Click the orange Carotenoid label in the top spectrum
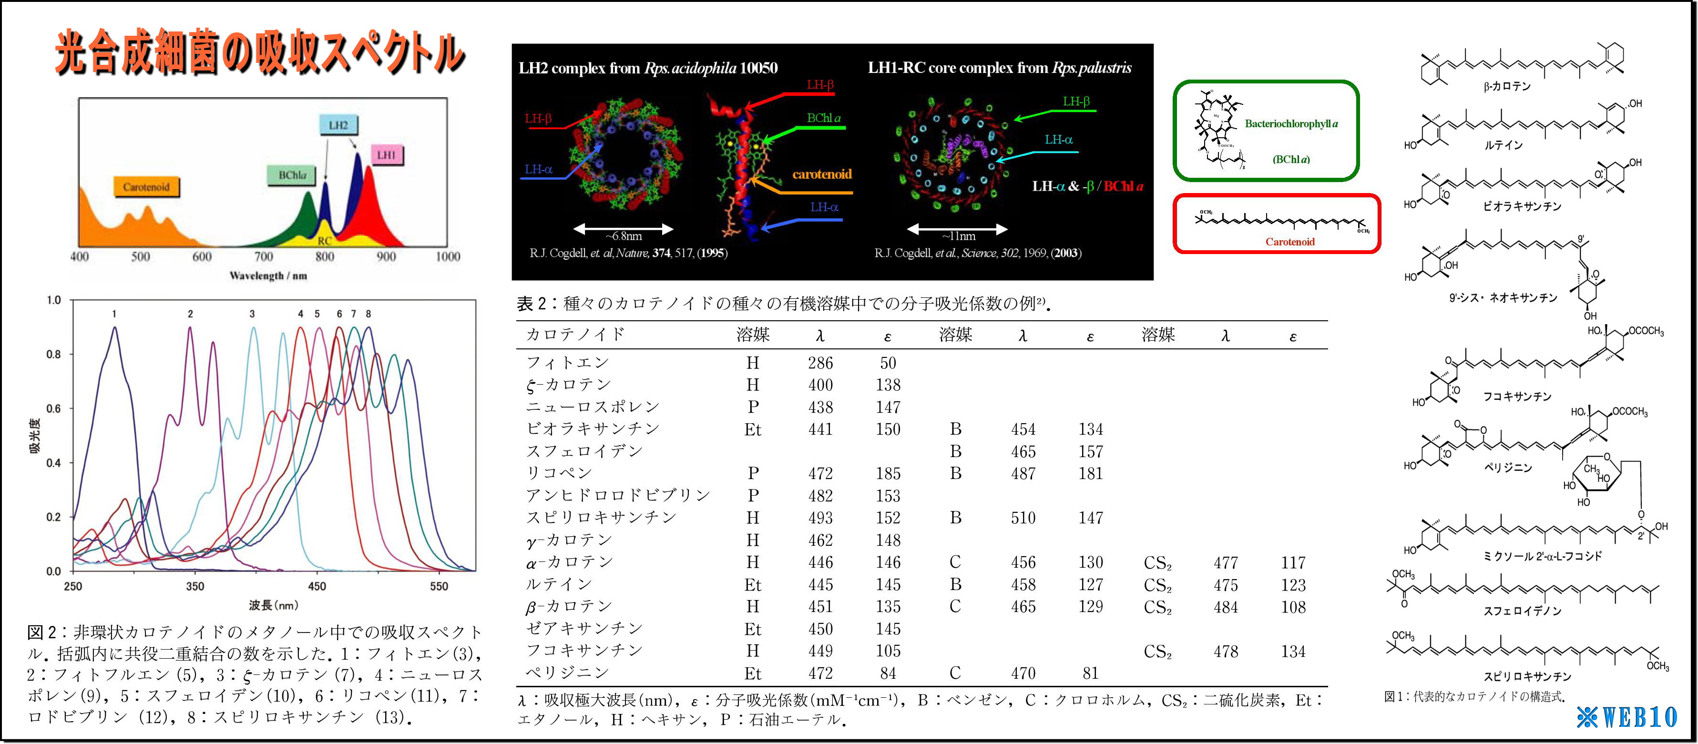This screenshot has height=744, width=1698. [x=146, y=187]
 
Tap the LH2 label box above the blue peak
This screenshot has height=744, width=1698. [x=338, y=125]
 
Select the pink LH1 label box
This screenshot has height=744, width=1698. [x=386, y=155]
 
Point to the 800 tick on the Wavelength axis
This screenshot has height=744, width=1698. [x=324, y=256]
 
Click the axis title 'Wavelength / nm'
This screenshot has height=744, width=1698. [x=268, y=275]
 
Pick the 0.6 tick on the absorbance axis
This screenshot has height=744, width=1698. [x=53, y=408]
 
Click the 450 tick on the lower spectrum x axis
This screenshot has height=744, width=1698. [x=317, y=586]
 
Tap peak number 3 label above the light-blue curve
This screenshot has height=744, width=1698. [x=252, y=315]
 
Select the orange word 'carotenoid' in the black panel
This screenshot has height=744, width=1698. [x=821, y=174]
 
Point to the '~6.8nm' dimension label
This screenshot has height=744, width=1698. [x=623, y=236]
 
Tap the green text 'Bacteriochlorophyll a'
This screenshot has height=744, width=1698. [x=1290, y=124]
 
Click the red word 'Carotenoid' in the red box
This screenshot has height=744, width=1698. [x=1289, y=242]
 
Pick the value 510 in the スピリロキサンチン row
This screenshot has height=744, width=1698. [x=1023, y=518]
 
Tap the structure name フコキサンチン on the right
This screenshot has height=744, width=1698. [x=1517, y=397]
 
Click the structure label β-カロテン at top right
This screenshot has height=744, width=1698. [x=1507, y=86]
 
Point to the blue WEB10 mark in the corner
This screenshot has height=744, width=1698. [x=1627, y=717]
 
